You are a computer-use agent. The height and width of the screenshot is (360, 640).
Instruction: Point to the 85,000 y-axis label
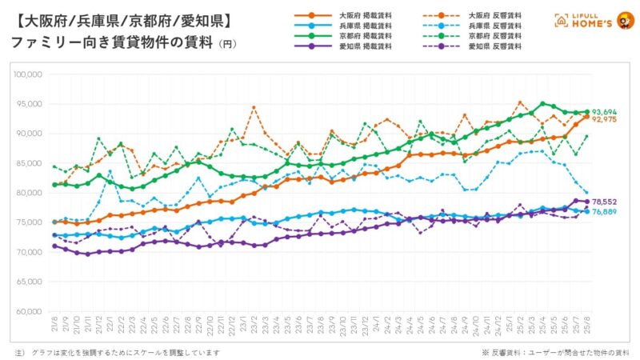tap(29, 163)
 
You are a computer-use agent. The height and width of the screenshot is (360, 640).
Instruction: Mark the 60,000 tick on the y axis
tap(29, 311)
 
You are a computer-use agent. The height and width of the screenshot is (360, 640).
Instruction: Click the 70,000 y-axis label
tap(29, 252)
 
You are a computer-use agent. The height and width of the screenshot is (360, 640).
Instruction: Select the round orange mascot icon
tap(623, 18)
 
